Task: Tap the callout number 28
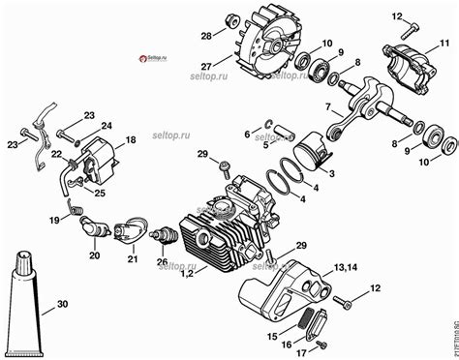[205, 36]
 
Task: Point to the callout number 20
[94, 255]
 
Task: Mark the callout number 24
[107, 124]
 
